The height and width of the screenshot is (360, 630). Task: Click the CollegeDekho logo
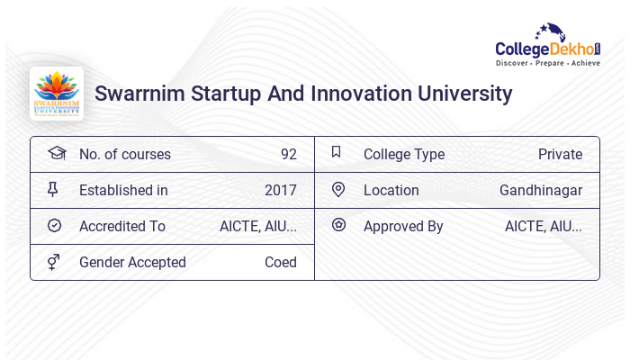(548, 47)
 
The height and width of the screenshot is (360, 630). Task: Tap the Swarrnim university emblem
(56, 94)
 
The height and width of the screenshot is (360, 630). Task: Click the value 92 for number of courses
(288, 154)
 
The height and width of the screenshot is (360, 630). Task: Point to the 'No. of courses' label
(124, 154)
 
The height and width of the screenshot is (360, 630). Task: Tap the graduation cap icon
(57, 153)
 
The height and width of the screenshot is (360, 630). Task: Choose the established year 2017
(280, 190)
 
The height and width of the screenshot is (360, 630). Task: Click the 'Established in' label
(123, 190)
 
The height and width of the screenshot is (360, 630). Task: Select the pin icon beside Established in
(53, 189)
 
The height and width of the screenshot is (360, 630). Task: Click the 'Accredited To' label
(121, 226)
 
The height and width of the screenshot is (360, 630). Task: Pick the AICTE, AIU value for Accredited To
(257, 226)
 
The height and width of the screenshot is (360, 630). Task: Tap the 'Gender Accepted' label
(132, 262)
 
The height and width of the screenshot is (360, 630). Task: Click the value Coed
(280, 262)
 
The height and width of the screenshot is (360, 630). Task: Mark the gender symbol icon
(53, 262)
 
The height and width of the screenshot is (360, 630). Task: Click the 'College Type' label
(403, 154)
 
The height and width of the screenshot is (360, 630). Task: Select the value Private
(560, 154)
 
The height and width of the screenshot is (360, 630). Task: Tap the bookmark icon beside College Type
(337, 152)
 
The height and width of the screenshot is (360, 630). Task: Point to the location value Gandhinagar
(540, 190)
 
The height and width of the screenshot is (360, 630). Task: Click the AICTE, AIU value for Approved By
(543, 226)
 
